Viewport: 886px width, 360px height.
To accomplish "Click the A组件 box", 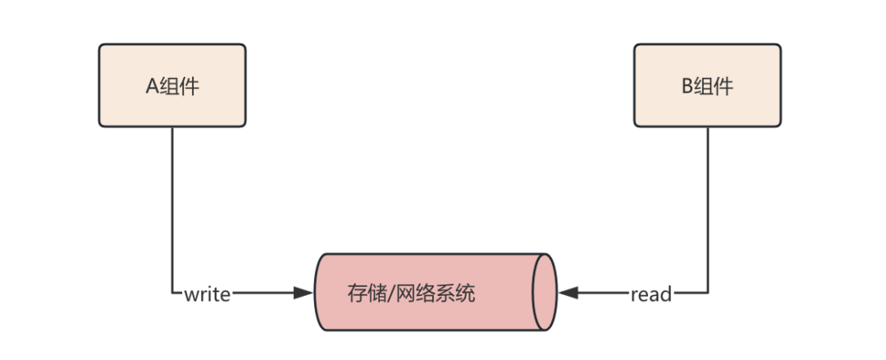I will [x=172, y=85].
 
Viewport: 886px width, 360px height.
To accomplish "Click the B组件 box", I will [x=707, y=85].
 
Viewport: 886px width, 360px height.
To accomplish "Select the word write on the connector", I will [x=207, y=294].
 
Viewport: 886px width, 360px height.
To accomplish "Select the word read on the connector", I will [x=651, y=294].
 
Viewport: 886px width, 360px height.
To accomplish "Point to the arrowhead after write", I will [x=305, y=293].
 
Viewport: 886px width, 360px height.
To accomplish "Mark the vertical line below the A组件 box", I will [x=172, y=205].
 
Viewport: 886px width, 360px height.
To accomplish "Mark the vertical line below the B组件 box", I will [x=707, y=205].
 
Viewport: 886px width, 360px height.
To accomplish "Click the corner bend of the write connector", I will [x=172, y=293].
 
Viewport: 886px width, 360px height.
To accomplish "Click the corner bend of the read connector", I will [x=707, y=293].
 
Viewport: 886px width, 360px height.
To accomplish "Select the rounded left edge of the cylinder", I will [x=319, y=293].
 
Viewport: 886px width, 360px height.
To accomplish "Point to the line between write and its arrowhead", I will [x=263, y=293].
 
